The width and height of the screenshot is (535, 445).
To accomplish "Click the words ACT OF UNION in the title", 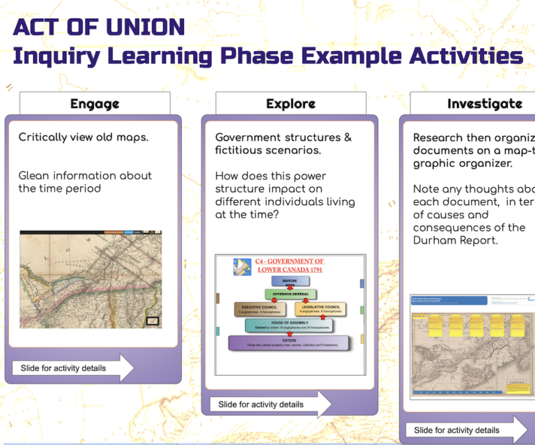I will pos(98,27).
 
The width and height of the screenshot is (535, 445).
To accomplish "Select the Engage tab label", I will pos(95,104).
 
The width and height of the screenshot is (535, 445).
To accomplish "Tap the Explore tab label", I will pos(290,104).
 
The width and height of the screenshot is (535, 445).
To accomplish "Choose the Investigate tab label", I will pos(484,104).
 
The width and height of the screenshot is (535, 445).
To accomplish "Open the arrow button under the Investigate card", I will pos(467,430).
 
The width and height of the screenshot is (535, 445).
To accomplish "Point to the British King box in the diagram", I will pos(289,280).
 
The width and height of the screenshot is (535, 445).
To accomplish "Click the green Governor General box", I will pos(290,294).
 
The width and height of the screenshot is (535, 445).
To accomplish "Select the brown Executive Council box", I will pos(260,309).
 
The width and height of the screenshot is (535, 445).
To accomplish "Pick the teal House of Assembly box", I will pos(288,325).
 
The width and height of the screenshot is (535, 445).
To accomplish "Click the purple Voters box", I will pos(288,342).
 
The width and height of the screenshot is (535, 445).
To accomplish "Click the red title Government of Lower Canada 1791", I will pos(290,265).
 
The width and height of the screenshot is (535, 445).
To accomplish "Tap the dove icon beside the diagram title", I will pos(242,266).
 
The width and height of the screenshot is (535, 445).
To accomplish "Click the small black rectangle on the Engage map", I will pos(153,322).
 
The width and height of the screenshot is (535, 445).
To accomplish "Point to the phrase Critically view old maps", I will pos(83,137).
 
